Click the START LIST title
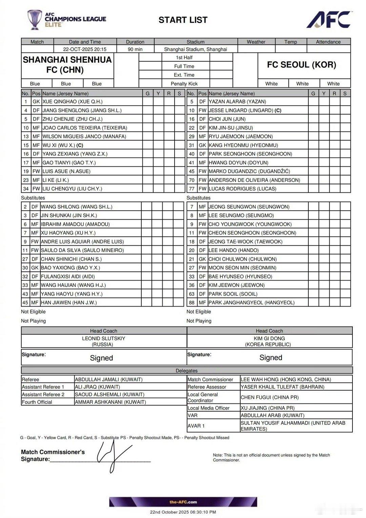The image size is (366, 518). point(183,20)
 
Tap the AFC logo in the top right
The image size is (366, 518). point(329,20)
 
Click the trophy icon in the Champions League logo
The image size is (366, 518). point(35,19)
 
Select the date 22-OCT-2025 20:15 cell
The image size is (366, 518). point(85,49)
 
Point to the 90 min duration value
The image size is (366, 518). point(135,49)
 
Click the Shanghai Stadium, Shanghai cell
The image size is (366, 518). point(196,49)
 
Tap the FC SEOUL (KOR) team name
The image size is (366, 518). point(301,65)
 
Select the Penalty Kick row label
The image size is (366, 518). point(184,84)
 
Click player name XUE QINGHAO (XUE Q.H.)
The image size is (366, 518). point(73,101)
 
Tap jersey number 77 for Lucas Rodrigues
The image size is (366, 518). point(192,188)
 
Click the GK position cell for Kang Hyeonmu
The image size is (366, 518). point(202,145)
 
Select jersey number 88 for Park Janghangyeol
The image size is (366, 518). point(192,302)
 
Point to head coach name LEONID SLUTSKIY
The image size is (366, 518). point(103,338)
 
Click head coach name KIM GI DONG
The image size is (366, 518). point(269,338)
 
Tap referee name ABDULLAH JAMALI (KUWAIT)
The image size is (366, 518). point(108,379)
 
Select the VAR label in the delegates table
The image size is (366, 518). point(192,415)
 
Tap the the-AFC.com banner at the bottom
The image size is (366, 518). point(183,502)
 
